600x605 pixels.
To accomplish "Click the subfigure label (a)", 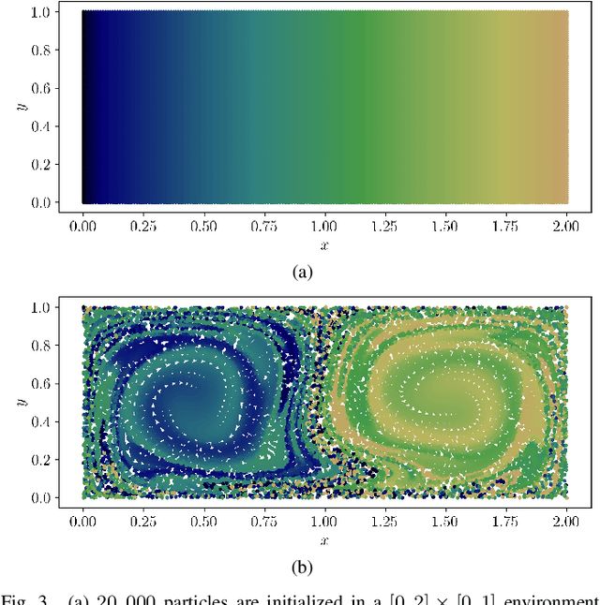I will (x=301, y=272).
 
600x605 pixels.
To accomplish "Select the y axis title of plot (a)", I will (x=20, y=106).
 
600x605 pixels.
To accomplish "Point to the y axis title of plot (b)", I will (x=20, y=402).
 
